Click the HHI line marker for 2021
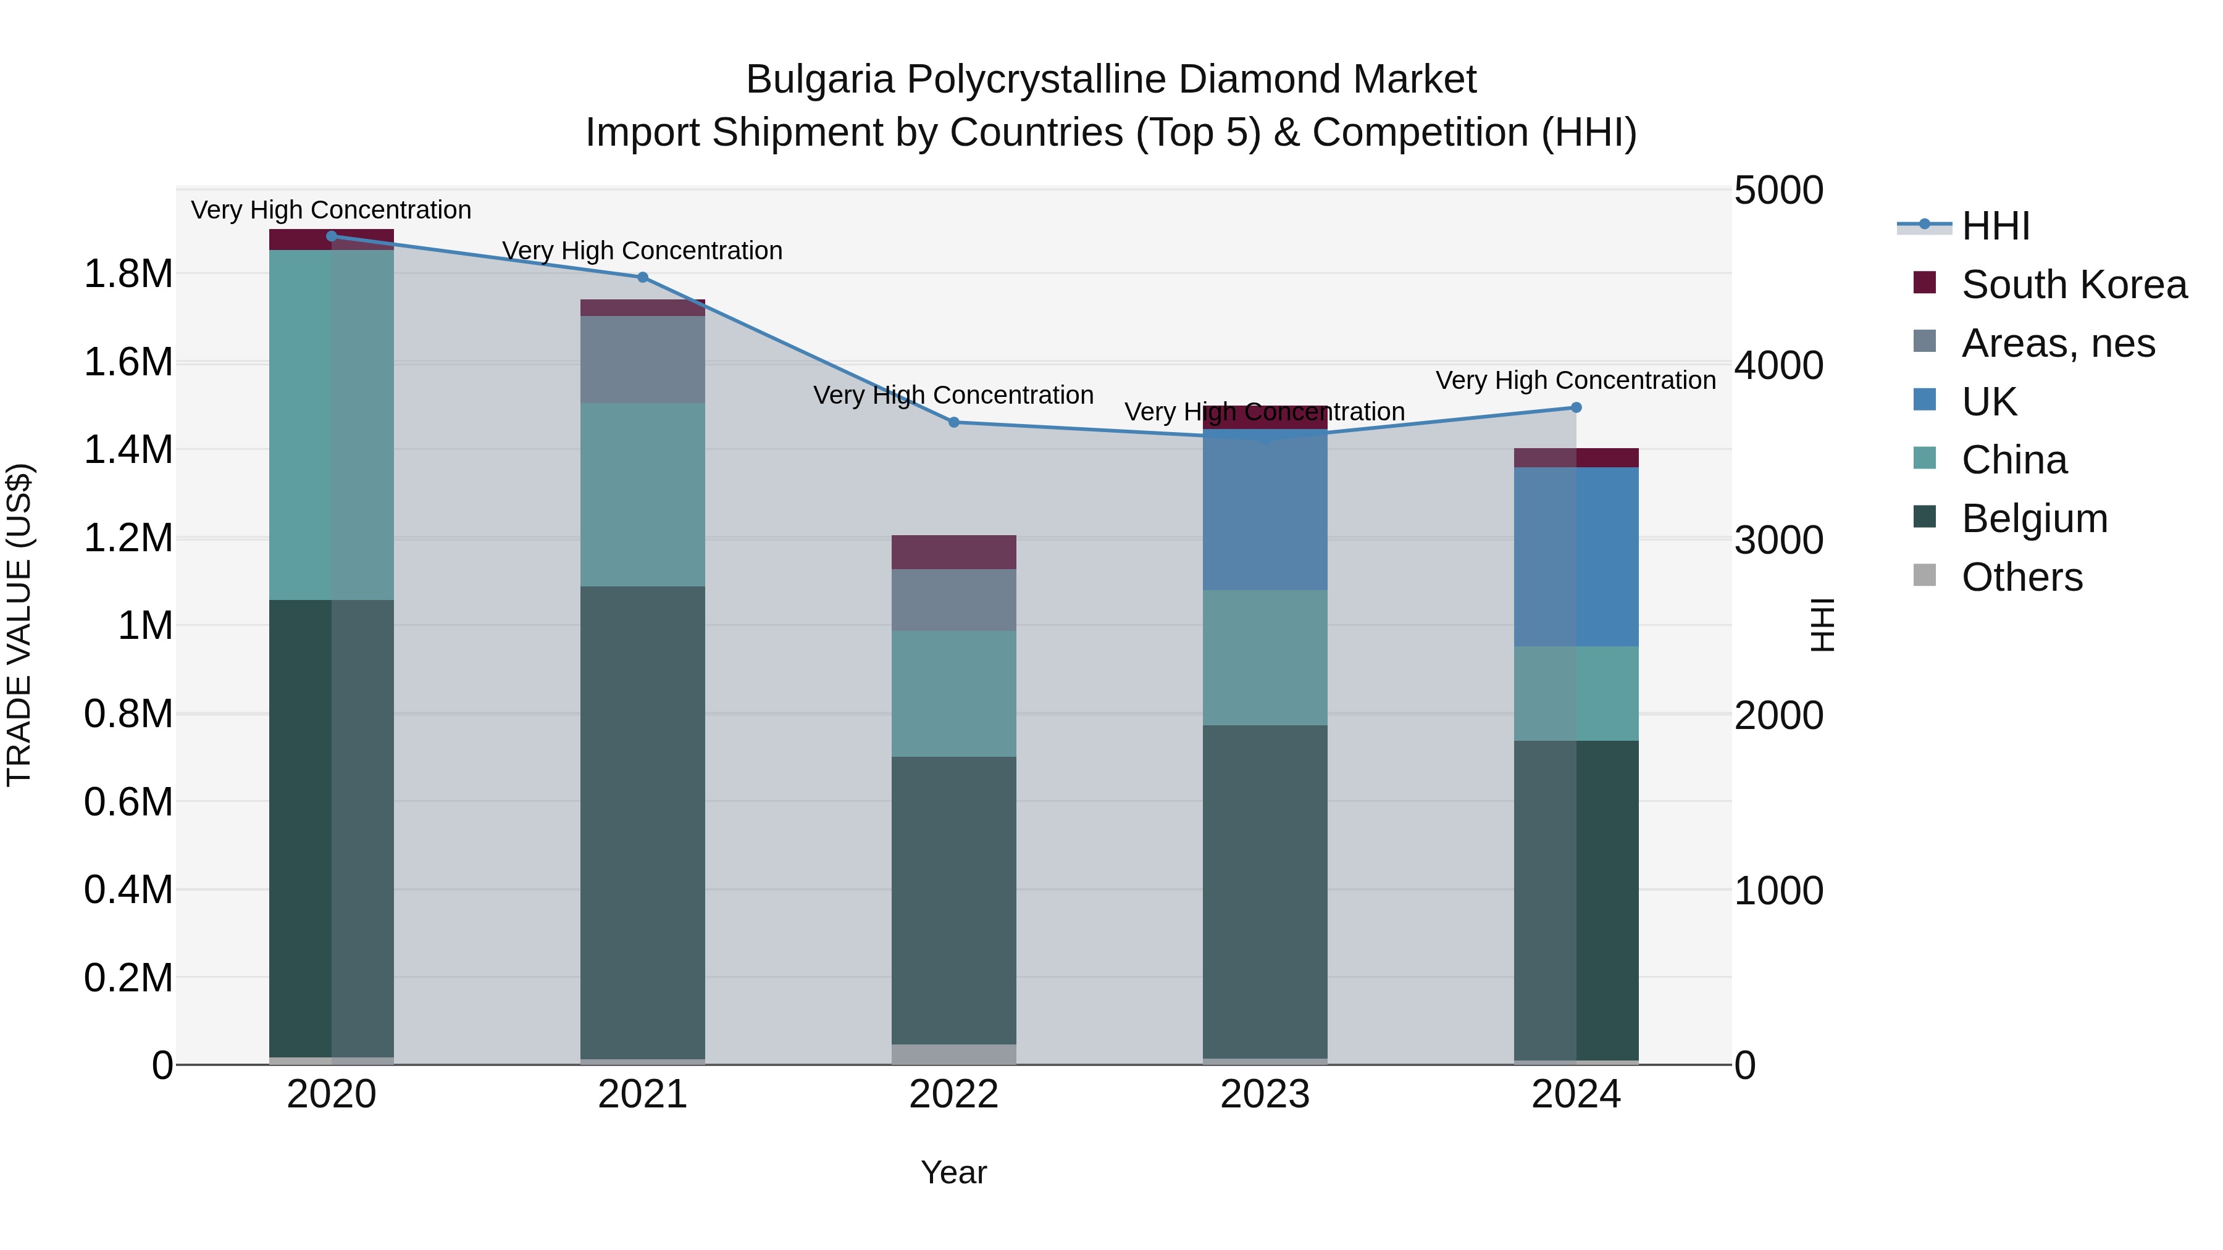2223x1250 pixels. [642, 278]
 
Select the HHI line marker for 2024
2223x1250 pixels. [1576, 408]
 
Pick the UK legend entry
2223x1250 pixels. [1989, 402]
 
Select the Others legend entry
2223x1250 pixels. [2022, 577]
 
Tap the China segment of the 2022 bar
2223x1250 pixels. [953, 694]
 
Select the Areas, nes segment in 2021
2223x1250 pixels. [642, 360]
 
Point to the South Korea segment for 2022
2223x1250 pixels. [953, 552]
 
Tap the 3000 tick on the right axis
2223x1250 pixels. [1778, 541]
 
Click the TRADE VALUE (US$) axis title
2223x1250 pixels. [19, 625]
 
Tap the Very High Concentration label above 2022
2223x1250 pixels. [953, 395]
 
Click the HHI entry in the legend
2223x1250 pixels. [1995, 226]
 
